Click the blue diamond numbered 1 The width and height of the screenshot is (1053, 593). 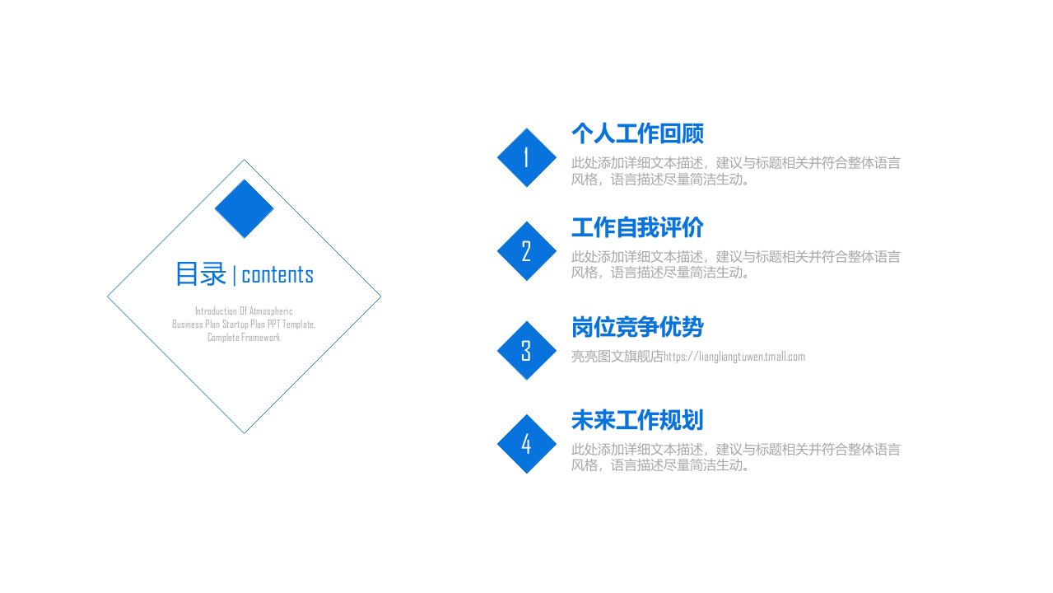click(527, 157)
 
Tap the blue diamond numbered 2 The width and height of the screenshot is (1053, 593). click(527, 251)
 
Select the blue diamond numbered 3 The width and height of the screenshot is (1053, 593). click(527, 350)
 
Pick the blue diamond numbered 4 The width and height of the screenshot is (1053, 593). click(527, 444)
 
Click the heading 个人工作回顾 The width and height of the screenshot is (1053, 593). click(637, 133)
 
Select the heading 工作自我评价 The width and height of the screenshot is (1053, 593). click(637, 227)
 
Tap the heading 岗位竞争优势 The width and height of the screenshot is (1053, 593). click(637, 327)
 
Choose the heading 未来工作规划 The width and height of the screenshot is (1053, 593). click(637, 420)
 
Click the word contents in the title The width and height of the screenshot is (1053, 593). click(277, 275)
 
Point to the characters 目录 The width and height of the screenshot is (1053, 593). click(201, 274)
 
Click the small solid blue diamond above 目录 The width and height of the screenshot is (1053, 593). click(244, 208)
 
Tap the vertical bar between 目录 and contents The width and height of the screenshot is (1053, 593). click(234, 276)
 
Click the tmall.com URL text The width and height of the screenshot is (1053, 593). click(734, 357)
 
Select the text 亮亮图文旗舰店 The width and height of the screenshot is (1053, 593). click(617, 357)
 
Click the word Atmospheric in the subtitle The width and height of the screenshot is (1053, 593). click(271, 311)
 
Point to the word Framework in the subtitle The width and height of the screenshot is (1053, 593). click(260, 338)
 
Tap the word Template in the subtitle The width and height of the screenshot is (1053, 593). click(299, 325)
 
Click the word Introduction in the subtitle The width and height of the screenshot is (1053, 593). click(217, 311)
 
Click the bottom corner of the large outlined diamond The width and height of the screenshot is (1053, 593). click(245, 433)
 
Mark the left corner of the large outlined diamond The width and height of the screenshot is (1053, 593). click(108, 296)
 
